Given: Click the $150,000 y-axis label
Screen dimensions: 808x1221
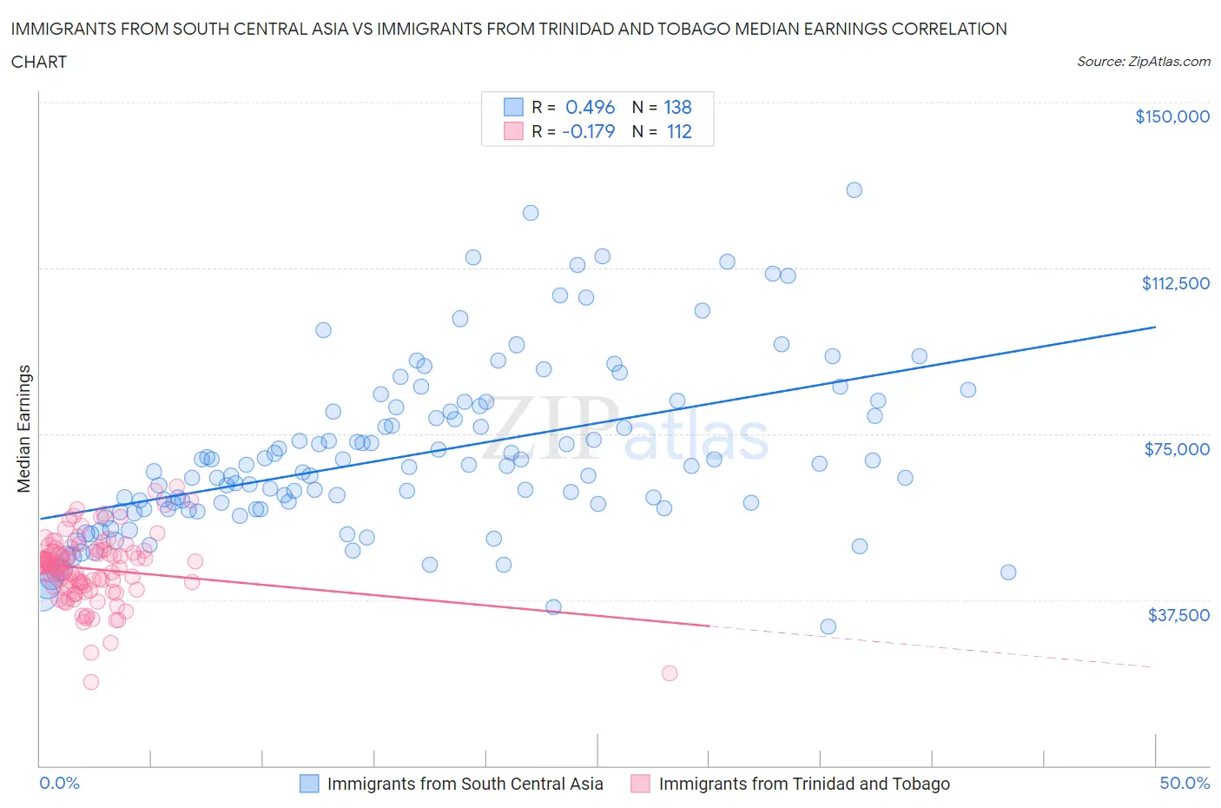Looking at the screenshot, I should [1171, 116].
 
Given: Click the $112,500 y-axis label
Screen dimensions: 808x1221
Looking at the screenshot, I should [1175, 283].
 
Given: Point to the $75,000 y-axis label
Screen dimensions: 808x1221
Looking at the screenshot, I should [1177, 449].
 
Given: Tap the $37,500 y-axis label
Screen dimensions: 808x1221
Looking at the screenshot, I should [1178, 615].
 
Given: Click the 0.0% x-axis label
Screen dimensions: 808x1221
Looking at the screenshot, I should [59, 783].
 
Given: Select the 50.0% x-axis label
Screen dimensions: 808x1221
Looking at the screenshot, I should [1185, 783].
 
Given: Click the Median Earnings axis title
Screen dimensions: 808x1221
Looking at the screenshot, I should [23, 428].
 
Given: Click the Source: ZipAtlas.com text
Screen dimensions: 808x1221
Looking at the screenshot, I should [1143, 61].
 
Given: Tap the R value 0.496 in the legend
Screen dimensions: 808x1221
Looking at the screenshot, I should [590, 107].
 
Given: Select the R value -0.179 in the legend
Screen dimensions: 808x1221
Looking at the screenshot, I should [588, 131].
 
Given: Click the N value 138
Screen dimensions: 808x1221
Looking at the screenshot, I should [677, 107].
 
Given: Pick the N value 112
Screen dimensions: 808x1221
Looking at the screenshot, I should [678, 131].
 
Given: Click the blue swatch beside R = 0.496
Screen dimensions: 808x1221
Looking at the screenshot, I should [513, 107].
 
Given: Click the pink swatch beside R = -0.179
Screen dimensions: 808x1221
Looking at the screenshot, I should [513, 131].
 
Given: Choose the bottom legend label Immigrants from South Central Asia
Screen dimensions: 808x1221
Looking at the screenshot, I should [465, 784].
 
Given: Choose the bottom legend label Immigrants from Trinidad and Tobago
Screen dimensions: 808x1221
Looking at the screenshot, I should [803, 784].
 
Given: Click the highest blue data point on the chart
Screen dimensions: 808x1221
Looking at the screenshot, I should [854, 189].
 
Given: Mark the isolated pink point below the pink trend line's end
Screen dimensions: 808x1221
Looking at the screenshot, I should [669, 672].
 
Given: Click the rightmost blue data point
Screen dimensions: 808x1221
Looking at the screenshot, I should [1007, 572].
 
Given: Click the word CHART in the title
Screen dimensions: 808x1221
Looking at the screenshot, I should [39, 62].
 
